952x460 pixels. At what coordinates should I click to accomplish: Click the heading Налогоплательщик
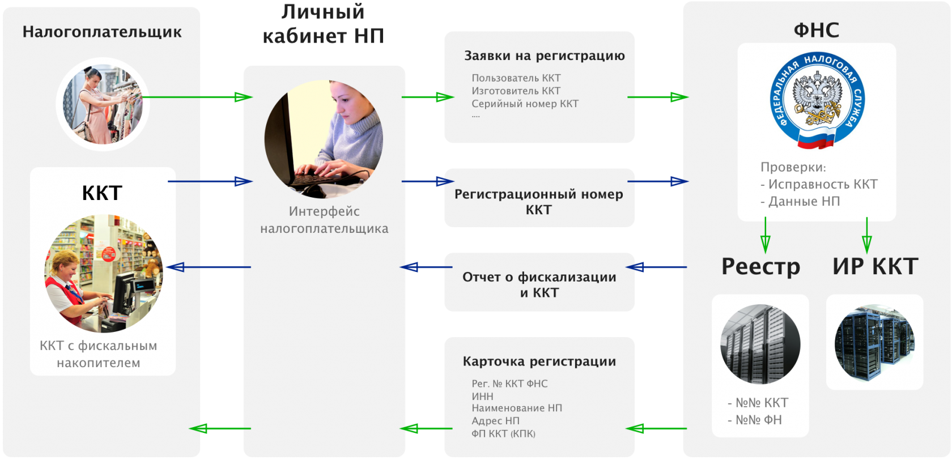click(x=102, y=32)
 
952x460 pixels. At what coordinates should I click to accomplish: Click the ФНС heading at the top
click(x=816, y=29)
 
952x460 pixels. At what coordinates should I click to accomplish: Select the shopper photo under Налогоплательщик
click(x=103, y=105)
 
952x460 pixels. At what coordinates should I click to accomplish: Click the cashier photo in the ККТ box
click(x=104, y=273)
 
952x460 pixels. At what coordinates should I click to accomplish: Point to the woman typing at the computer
click(x=324, y=139)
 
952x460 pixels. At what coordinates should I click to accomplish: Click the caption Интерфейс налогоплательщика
click(x=324, y=220)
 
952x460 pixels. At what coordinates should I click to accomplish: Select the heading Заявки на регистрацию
click(x=544, y=56)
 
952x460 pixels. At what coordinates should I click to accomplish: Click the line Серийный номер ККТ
click(x=525, y=104)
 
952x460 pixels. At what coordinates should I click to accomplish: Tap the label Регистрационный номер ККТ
click(x=538, y=202)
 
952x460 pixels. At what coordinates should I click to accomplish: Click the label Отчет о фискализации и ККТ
click(x=539, y=284)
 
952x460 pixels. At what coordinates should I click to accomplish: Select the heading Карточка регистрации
click(x=539, y=361)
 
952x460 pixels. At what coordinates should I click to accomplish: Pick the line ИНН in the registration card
click(x=482, y=396)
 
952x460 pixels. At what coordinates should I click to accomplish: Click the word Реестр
click(x=760, y=266)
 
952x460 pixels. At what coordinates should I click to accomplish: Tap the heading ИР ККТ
click(x=875, y=266)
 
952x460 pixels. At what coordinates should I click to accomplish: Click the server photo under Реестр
click(x=760, y=344)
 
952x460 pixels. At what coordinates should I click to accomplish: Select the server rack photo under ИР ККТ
click(x=874, y=343)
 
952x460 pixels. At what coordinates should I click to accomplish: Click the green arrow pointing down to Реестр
click(x=765, y=236)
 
